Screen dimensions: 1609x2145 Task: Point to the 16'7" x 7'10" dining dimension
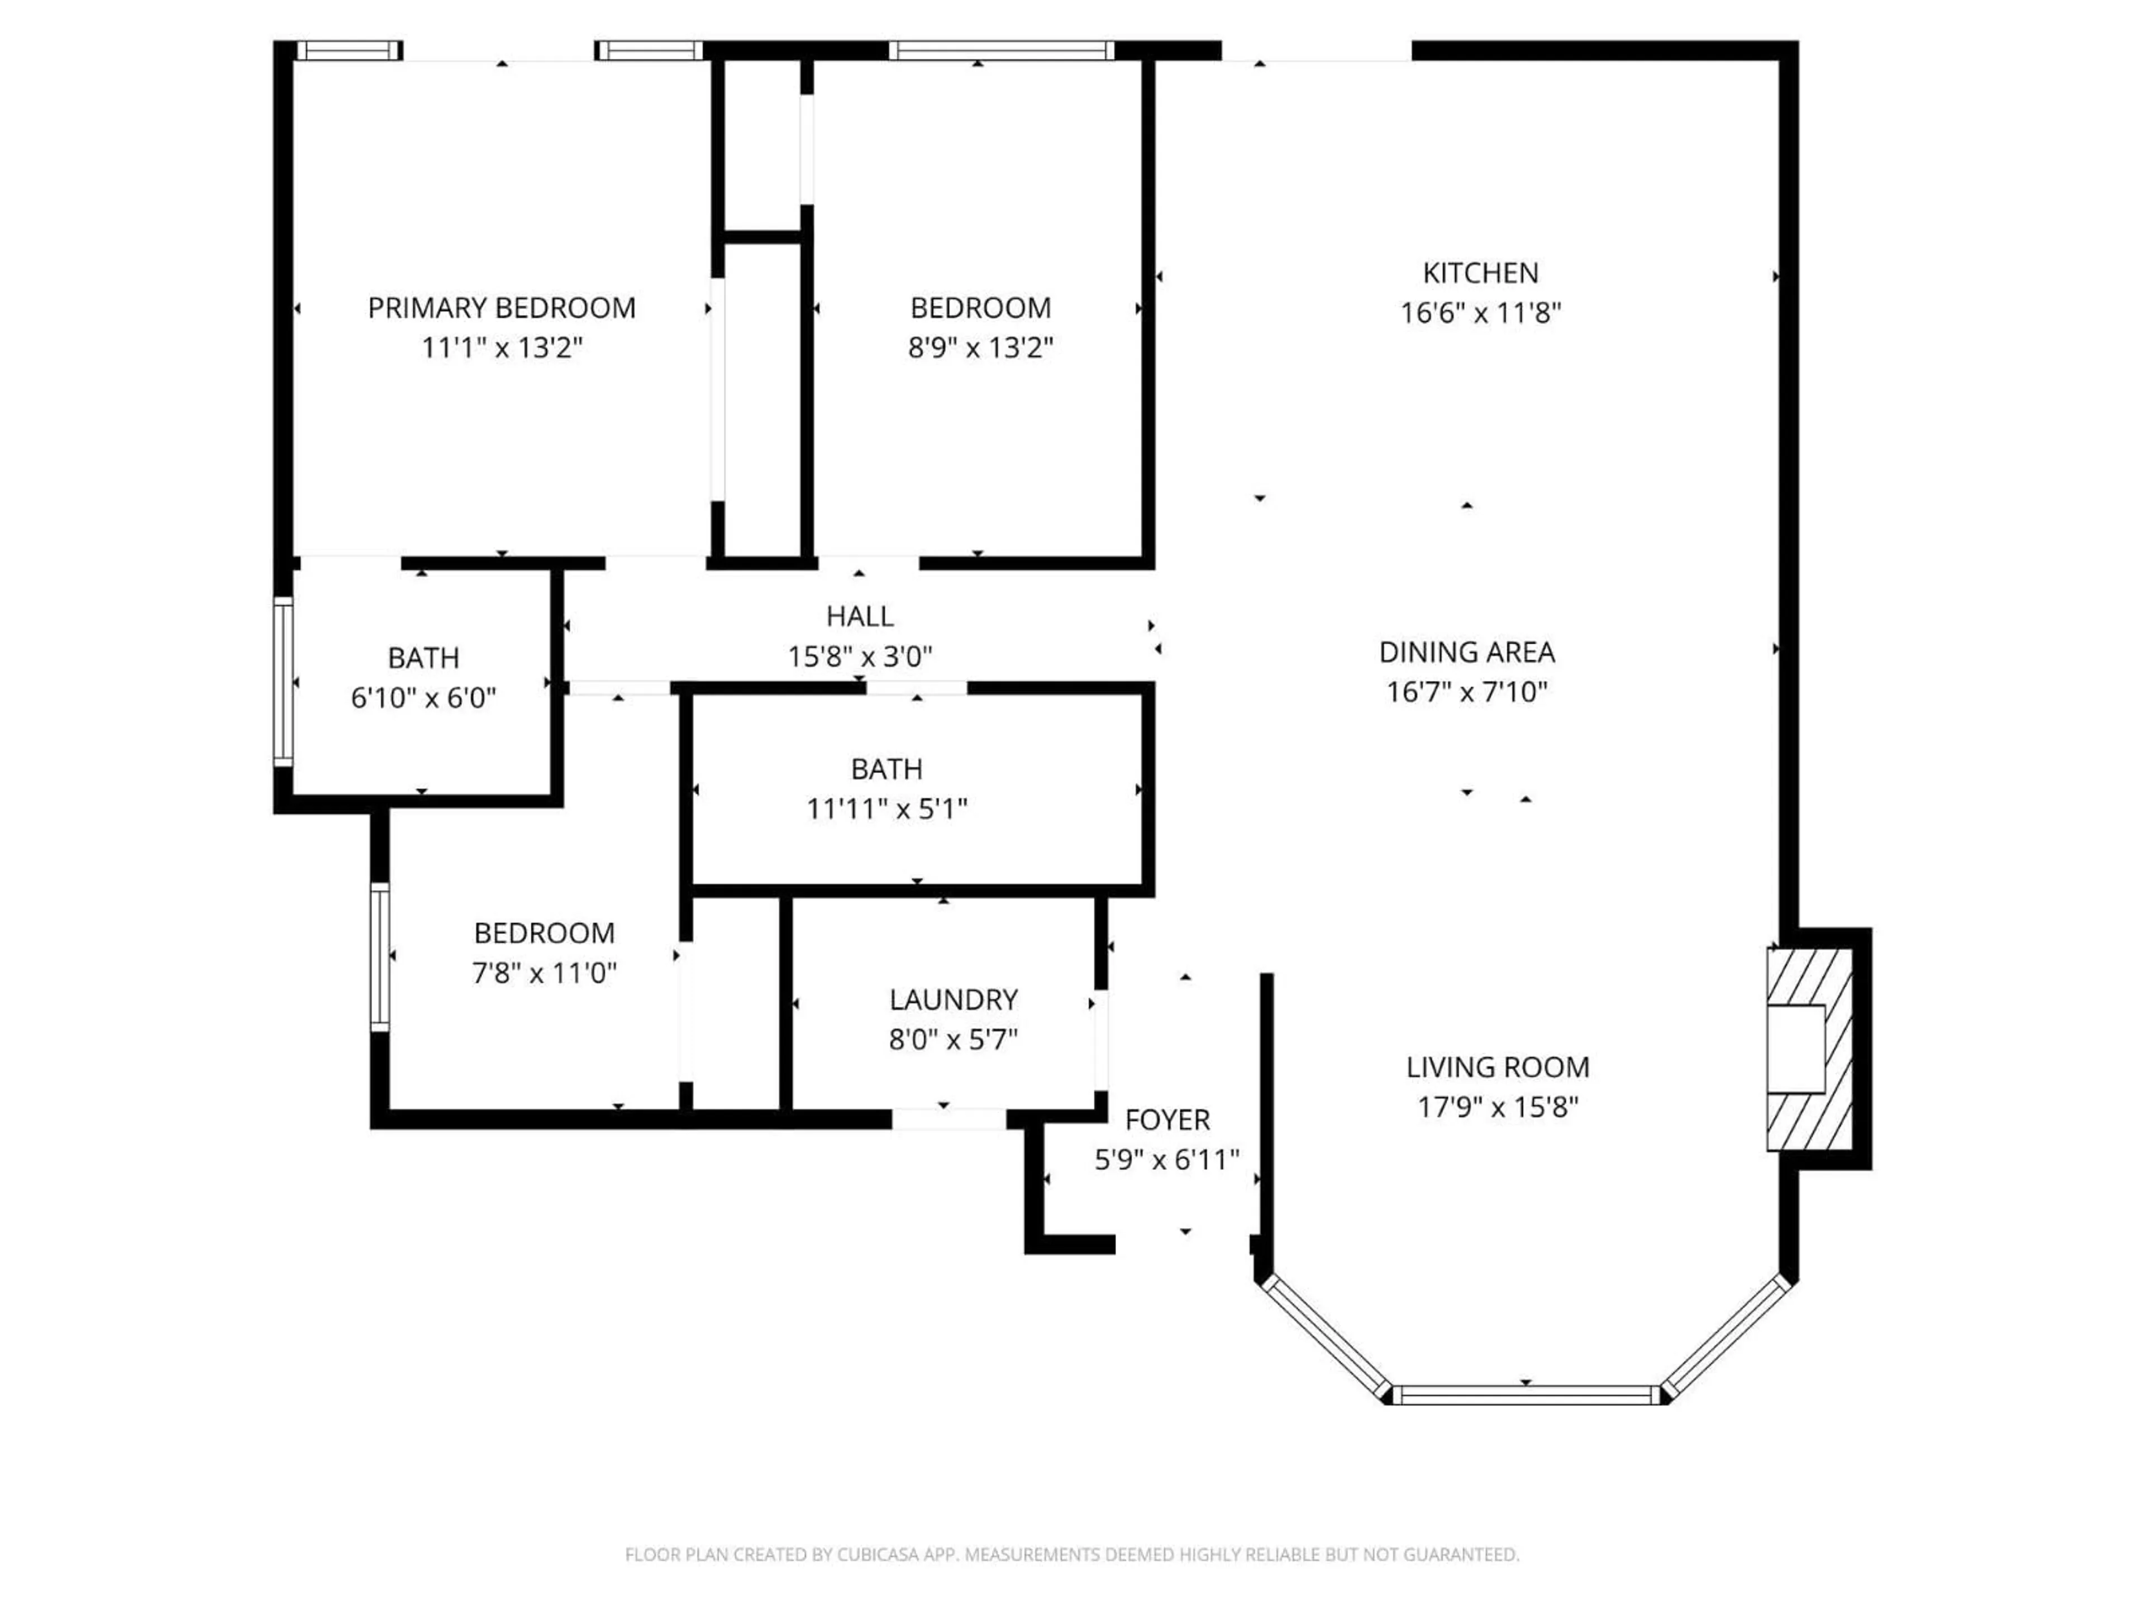1466,692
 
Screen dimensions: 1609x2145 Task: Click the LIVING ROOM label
1497,1067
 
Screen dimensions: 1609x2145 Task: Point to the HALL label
859,616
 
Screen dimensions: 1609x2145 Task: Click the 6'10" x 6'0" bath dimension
423,697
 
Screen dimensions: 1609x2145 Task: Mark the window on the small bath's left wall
283,682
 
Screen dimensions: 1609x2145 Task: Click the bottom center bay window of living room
1526,1394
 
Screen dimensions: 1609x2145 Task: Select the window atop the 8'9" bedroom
1001,50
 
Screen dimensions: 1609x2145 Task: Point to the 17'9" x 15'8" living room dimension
1497,1107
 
